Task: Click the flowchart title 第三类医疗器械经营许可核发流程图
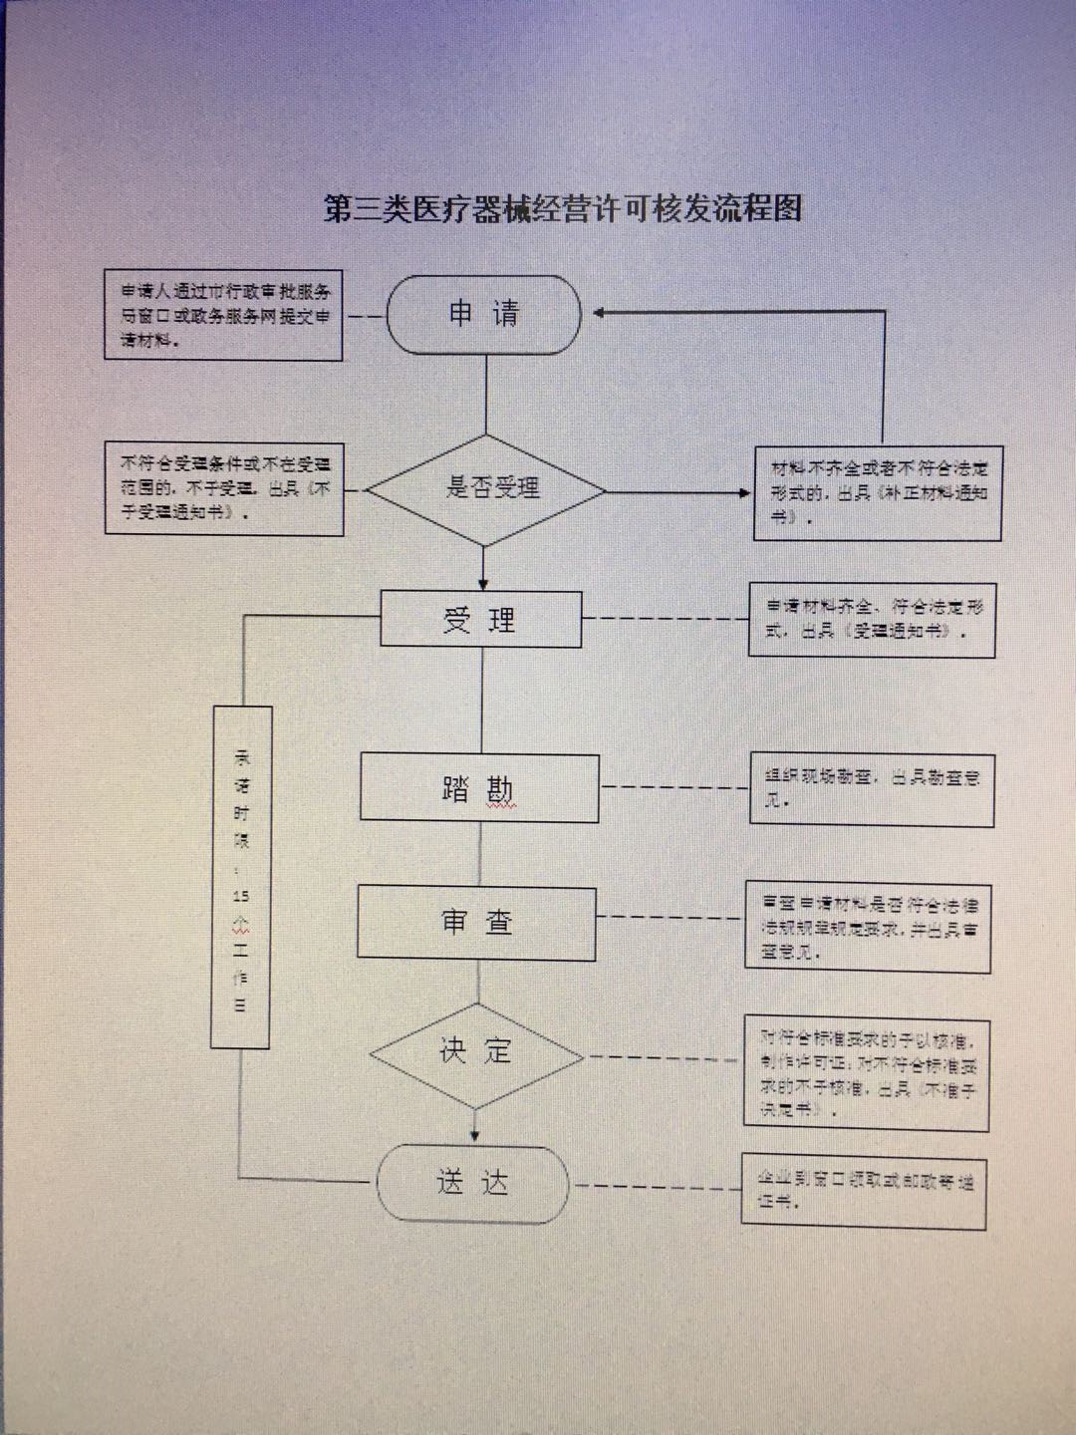tap(563, 208)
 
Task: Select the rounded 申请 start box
tap(483, 315)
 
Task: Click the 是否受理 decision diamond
tap(486, 489)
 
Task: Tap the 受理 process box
tap(480, 619)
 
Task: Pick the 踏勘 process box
tap(479, 788)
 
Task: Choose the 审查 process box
tap(476, 923)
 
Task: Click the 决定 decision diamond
tap(475, 1053)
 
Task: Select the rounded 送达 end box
tap(472, 1183)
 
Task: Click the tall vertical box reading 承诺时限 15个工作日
tap(241, 877)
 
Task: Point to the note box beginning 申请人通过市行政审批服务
tap(224, 315)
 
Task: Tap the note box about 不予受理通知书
tap(224, 488)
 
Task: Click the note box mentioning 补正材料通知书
tap(878, 493)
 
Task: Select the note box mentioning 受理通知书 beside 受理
tap(872, 620)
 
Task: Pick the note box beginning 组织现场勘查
tap(872, 789)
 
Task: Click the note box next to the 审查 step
tap(869, 927)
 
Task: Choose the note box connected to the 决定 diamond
tap(866, 1072)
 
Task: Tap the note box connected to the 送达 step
tap(864, 1192)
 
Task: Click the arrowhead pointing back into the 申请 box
tap(600, 313)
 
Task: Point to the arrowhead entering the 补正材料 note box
tap(744, 492)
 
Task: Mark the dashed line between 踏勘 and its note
tap(674, 787)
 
